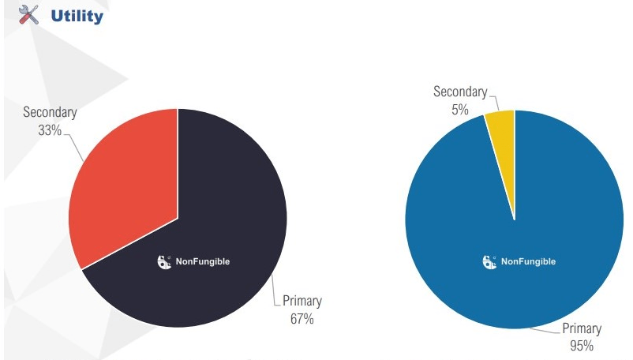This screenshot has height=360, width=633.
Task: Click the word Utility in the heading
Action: pos(77,15)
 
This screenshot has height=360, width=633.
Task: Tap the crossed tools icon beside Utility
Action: pos(28,14)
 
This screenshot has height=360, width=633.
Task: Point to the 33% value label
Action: pos(50,129)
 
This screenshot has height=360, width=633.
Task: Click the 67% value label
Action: pos(302,319)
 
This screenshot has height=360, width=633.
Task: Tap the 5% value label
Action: pos(460,110)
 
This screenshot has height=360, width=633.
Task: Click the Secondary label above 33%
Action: pos(50,113)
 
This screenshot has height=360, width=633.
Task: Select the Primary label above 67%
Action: pos(302,302)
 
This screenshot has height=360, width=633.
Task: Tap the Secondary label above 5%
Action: pos(460,92)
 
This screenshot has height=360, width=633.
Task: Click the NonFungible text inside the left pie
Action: pos(203,261)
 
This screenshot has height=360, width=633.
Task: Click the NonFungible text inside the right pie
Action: pos(528,261)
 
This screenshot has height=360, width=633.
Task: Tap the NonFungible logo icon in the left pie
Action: pos(165,261)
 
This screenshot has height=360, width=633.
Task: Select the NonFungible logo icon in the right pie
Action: pos(489,261)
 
